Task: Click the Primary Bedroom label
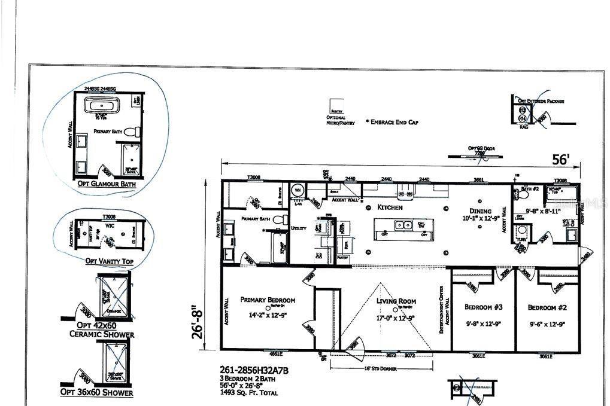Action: pos(268,300)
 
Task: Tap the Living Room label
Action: pos(396,301)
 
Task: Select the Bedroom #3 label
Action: pos(483,307)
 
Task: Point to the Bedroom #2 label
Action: pos(547,307)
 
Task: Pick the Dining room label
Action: pos(481,211)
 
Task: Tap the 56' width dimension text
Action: pos(560,160)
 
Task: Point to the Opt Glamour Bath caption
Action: pos(107,184)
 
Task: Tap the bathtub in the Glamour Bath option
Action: pos(101,108)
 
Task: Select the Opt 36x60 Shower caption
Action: pos(96,392)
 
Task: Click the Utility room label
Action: pos(299,228)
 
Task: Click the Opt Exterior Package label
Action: pos(541,102)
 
